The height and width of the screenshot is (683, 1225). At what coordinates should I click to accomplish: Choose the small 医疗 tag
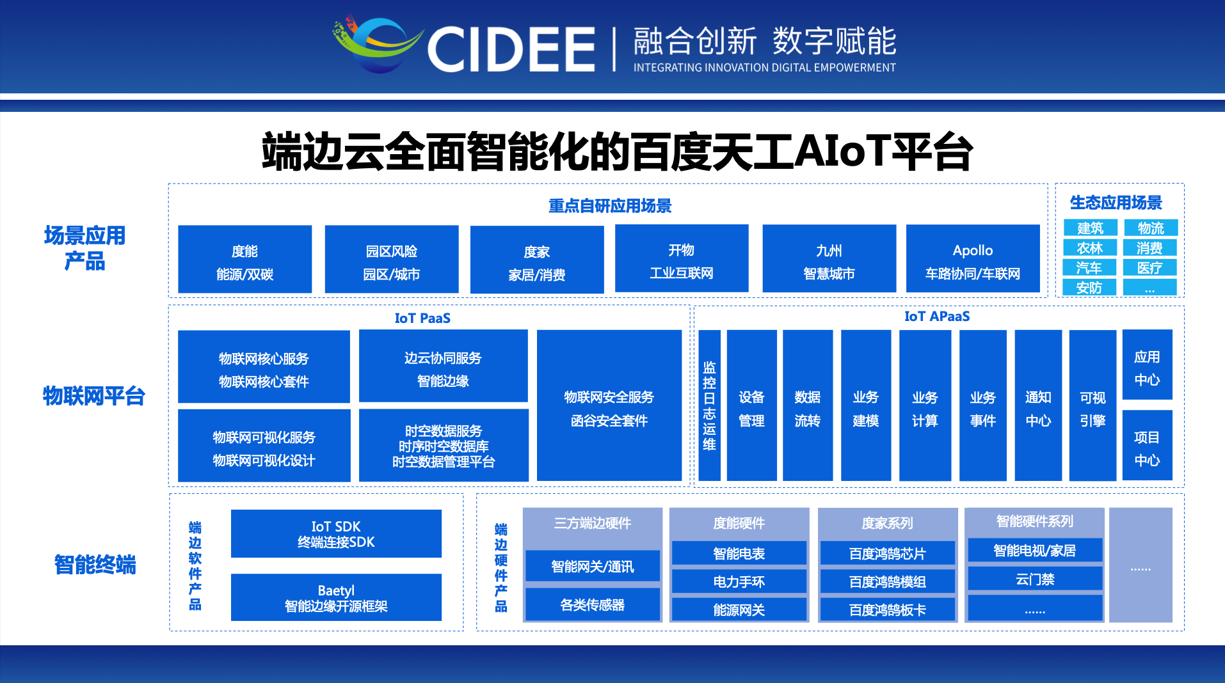1149,268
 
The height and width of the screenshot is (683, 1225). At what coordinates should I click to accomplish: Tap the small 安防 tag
1089,288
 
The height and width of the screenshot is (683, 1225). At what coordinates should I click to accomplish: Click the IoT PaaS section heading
422,318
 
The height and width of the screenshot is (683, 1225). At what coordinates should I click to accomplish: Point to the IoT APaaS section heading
936,316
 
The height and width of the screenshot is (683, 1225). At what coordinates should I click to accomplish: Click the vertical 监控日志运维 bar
709,405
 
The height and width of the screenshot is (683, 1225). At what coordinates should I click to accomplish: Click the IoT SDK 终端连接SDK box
336,534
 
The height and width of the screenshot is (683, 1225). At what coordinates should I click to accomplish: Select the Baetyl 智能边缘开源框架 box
336,597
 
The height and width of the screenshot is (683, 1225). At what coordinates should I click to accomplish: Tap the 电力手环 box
739,581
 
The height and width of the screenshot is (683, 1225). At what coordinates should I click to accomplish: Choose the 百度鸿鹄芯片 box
887,553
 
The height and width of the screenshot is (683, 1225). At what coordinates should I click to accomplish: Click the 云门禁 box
1034,579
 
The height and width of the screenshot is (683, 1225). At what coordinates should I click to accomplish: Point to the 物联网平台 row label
94,396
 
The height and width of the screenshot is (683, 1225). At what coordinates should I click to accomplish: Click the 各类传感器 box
592,604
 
